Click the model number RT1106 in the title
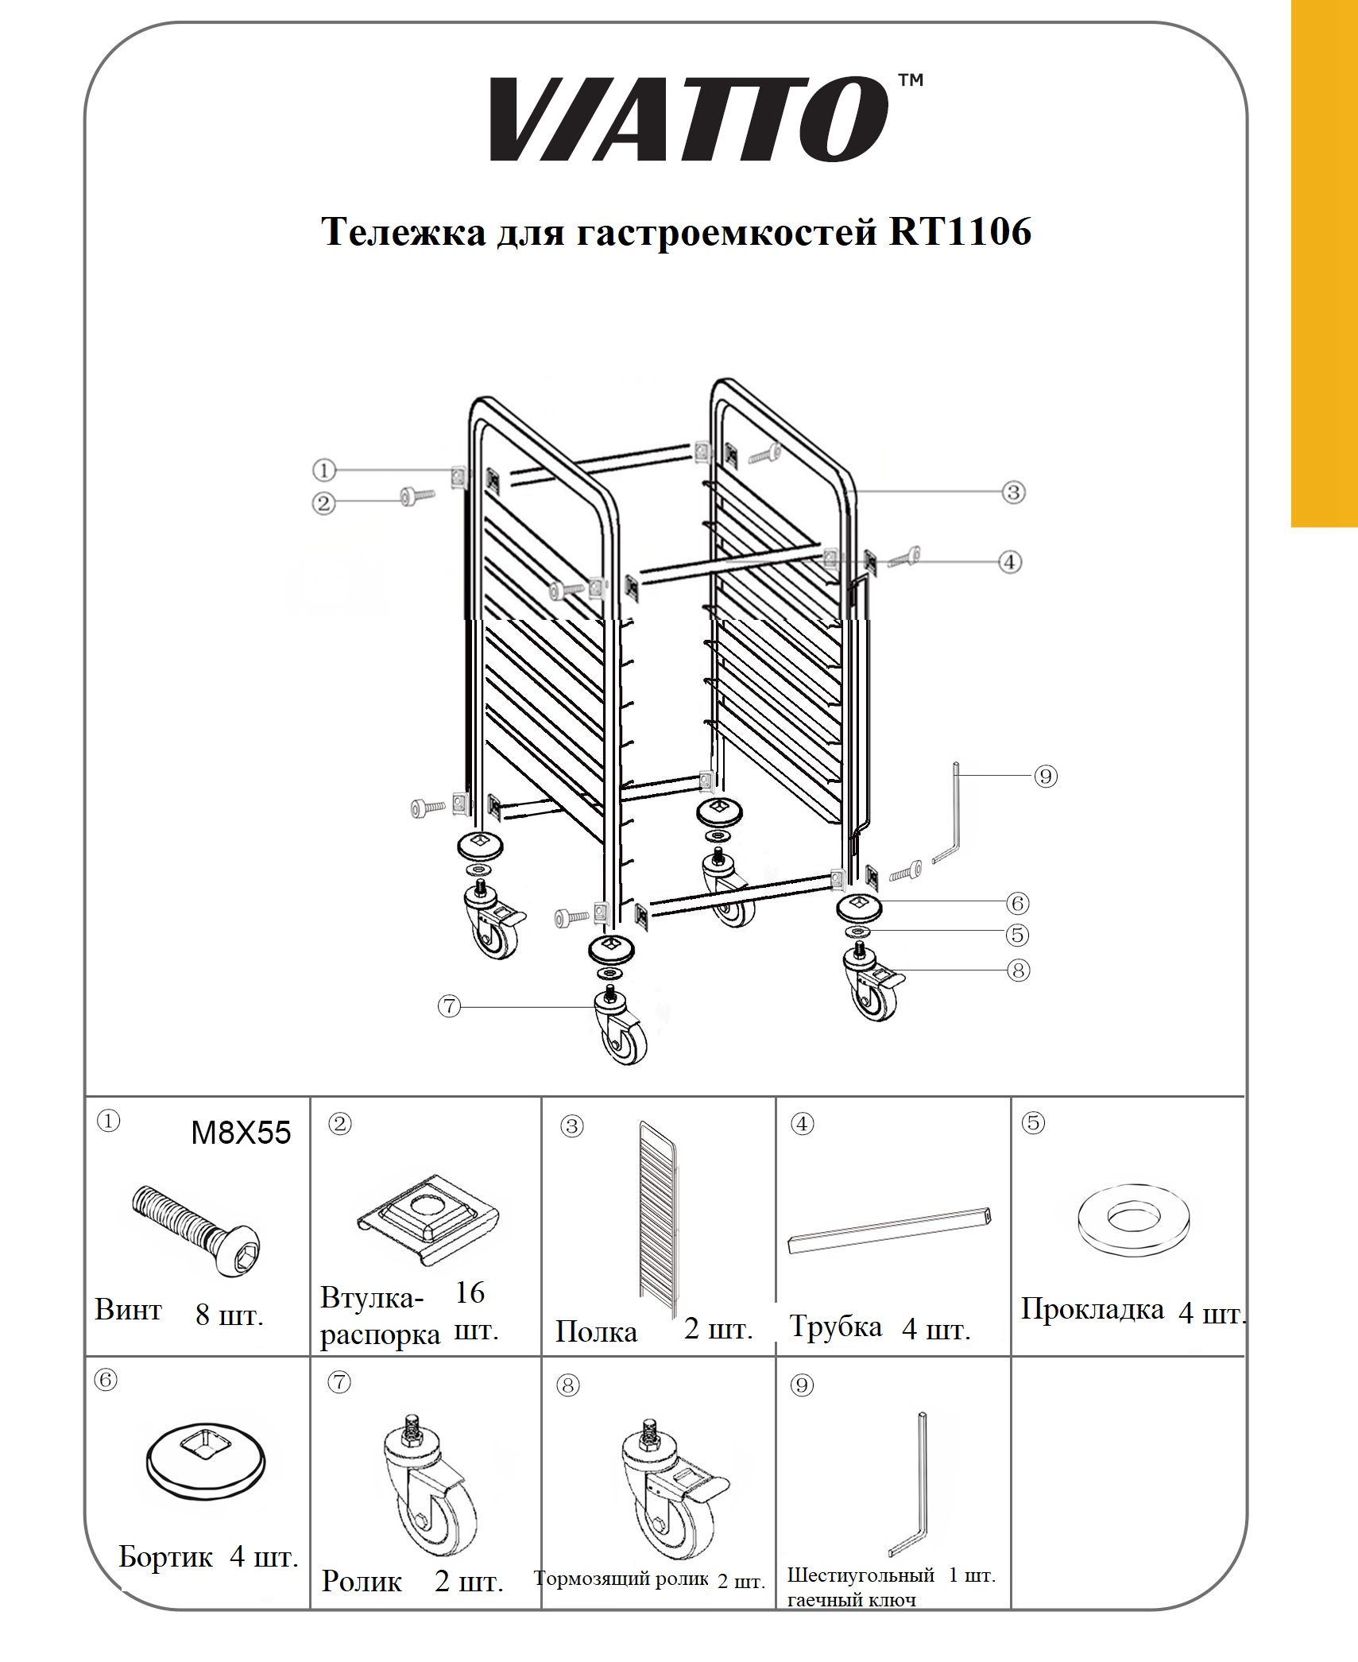[x=960, y=231]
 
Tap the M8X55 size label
[x=241, y=1133]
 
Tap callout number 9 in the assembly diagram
[x=1046, y=776]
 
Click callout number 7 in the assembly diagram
[x=449, y=1006]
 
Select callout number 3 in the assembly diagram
[x=1013, y=492]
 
